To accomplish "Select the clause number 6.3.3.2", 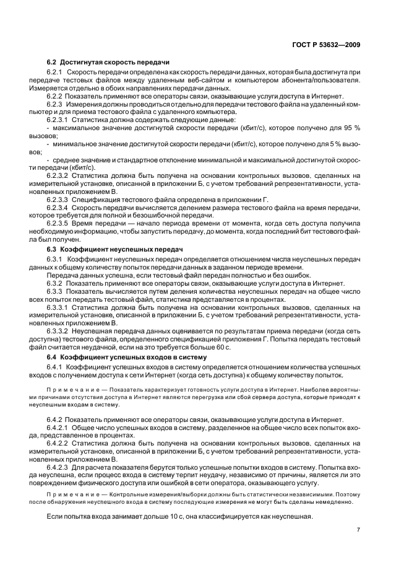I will tap(59, 332).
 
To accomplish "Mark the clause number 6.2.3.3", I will tap(59, 200).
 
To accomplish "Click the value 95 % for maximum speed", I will tap(351, 127).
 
